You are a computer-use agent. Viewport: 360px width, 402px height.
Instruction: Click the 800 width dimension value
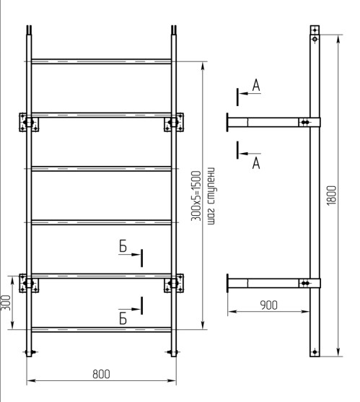pyautogui.click(x=101, y=374)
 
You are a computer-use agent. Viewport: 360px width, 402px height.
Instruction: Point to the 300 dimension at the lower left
pyautogui.click(x=6, y=302)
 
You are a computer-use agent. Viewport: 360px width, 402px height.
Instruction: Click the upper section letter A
pyautogui.click(x=255, y=87)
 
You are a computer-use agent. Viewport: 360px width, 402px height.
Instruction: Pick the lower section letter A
pyautogui.click(x=255, y=163)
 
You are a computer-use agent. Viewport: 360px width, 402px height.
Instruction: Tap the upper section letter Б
pyautogui.click(x=123, y=248)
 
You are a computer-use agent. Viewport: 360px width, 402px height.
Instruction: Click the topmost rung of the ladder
pyautogui.click(x=101, y=61)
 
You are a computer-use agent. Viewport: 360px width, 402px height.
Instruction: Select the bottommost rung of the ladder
pyautogui.click(x=101, y=328)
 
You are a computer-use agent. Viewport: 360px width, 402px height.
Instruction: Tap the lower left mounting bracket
pyautogui.click(x=28, y=283)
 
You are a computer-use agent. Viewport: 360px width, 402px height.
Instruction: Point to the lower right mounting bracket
pyautogui.click(x=173, y=283)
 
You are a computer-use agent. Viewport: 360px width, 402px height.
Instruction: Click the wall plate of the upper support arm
pyautogui.click(x=227, y=122)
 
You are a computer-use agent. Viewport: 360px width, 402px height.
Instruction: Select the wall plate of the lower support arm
pyautogui.click(x=227, y=283)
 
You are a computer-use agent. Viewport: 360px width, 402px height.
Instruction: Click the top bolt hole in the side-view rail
pyautogui.click(x=315, y=40)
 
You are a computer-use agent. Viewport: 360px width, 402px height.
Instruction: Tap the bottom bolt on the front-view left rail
pyautogui.click(x=28, y=352)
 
